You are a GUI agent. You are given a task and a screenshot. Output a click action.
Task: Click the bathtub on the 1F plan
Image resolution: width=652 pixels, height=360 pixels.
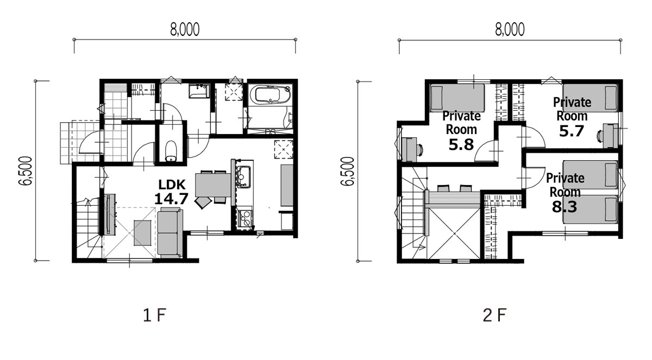273,94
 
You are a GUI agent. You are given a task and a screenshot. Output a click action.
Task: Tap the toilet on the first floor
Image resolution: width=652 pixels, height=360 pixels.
171,151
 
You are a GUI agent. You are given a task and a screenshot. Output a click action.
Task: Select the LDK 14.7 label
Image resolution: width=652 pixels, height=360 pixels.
172,192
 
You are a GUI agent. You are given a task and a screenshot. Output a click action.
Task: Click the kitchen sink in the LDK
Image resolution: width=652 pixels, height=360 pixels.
243,176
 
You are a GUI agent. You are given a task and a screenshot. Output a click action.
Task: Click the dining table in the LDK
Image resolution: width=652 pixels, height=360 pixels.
213,185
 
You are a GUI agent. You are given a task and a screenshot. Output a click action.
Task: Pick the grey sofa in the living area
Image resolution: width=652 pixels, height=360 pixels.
170,232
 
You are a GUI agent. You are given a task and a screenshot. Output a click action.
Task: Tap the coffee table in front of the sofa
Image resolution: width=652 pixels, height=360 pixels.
142,233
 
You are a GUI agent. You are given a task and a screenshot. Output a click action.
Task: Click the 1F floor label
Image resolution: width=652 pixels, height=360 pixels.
154,315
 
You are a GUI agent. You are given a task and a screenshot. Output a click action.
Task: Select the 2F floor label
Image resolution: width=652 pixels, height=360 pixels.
494,315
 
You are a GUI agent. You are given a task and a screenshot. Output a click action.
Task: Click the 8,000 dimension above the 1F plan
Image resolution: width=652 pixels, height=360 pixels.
185,30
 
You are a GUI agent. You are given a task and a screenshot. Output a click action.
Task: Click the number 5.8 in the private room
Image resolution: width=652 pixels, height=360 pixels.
461,144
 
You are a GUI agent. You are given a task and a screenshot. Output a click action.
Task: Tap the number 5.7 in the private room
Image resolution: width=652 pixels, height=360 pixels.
572,131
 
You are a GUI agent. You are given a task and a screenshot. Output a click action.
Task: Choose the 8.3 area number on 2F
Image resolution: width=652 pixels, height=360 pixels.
565,207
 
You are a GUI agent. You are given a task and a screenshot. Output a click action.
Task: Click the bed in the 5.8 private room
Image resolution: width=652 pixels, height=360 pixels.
457,98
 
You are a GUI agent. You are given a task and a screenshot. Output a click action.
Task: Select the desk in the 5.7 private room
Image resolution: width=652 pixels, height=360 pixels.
610,136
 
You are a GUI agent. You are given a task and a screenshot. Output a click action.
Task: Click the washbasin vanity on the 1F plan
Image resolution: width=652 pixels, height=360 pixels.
198,91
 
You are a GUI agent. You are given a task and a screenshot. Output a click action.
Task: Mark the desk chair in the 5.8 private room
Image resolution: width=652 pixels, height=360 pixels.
420,149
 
